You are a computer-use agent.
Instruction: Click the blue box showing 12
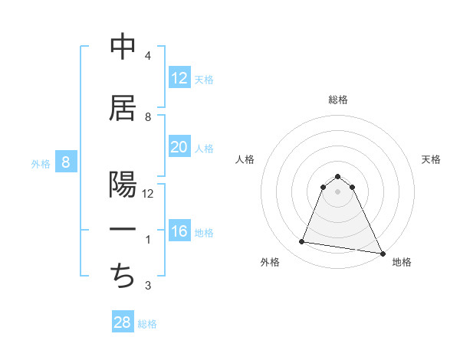(x=179, y=78)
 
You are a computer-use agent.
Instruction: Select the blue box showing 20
(x=179, y=147)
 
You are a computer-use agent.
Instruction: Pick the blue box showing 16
(x=179, y=232)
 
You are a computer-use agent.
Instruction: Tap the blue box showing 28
(x=123, y=322)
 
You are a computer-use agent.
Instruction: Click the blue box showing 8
(x=66, y=162)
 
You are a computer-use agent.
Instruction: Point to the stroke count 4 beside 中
(x=147, y=56)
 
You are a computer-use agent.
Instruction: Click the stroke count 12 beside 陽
(x=148, y=194)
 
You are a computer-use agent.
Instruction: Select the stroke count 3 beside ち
(x=147, y=286)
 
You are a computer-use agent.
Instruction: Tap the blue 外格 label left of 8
(x=41, y=163)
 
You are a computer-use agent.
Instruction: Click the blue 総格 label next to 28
(x=147, y=324)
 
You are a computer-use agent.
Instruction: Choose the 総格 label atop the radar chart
(x=337, y=100)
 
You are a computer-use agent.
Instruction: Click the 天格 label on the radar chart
(x=431, y=159)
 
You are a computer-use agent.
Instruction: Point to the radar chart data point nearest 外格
(x=302, y=242)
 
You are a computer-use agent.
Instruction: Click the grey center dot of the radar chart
(x=337, y=191)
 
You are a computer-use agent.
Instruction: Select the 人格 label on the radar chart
(x=245, y=159)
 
